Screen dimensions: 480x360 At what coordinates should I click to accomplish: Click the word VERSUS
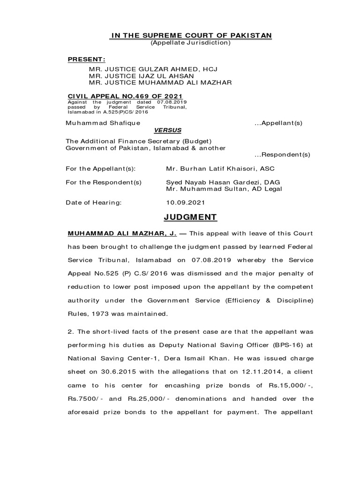click(x=168, y=130)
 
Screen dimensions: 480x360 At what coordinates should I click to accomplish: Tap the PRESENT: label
click(x=87, y=60)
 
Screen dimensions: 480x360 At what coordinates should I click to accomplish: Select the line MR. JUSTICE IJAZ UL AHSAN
click(x=142, y=76)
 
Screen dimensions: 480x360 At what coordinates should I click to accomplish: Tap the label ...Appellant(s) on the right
click(x=278, y=123)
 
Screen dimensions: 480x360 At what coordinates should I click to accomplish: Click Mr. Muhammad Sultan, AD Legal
click(x=224, y=189)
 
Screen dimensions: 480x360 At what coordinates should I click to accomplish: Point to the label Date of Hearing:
click(x=93, y=202)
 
